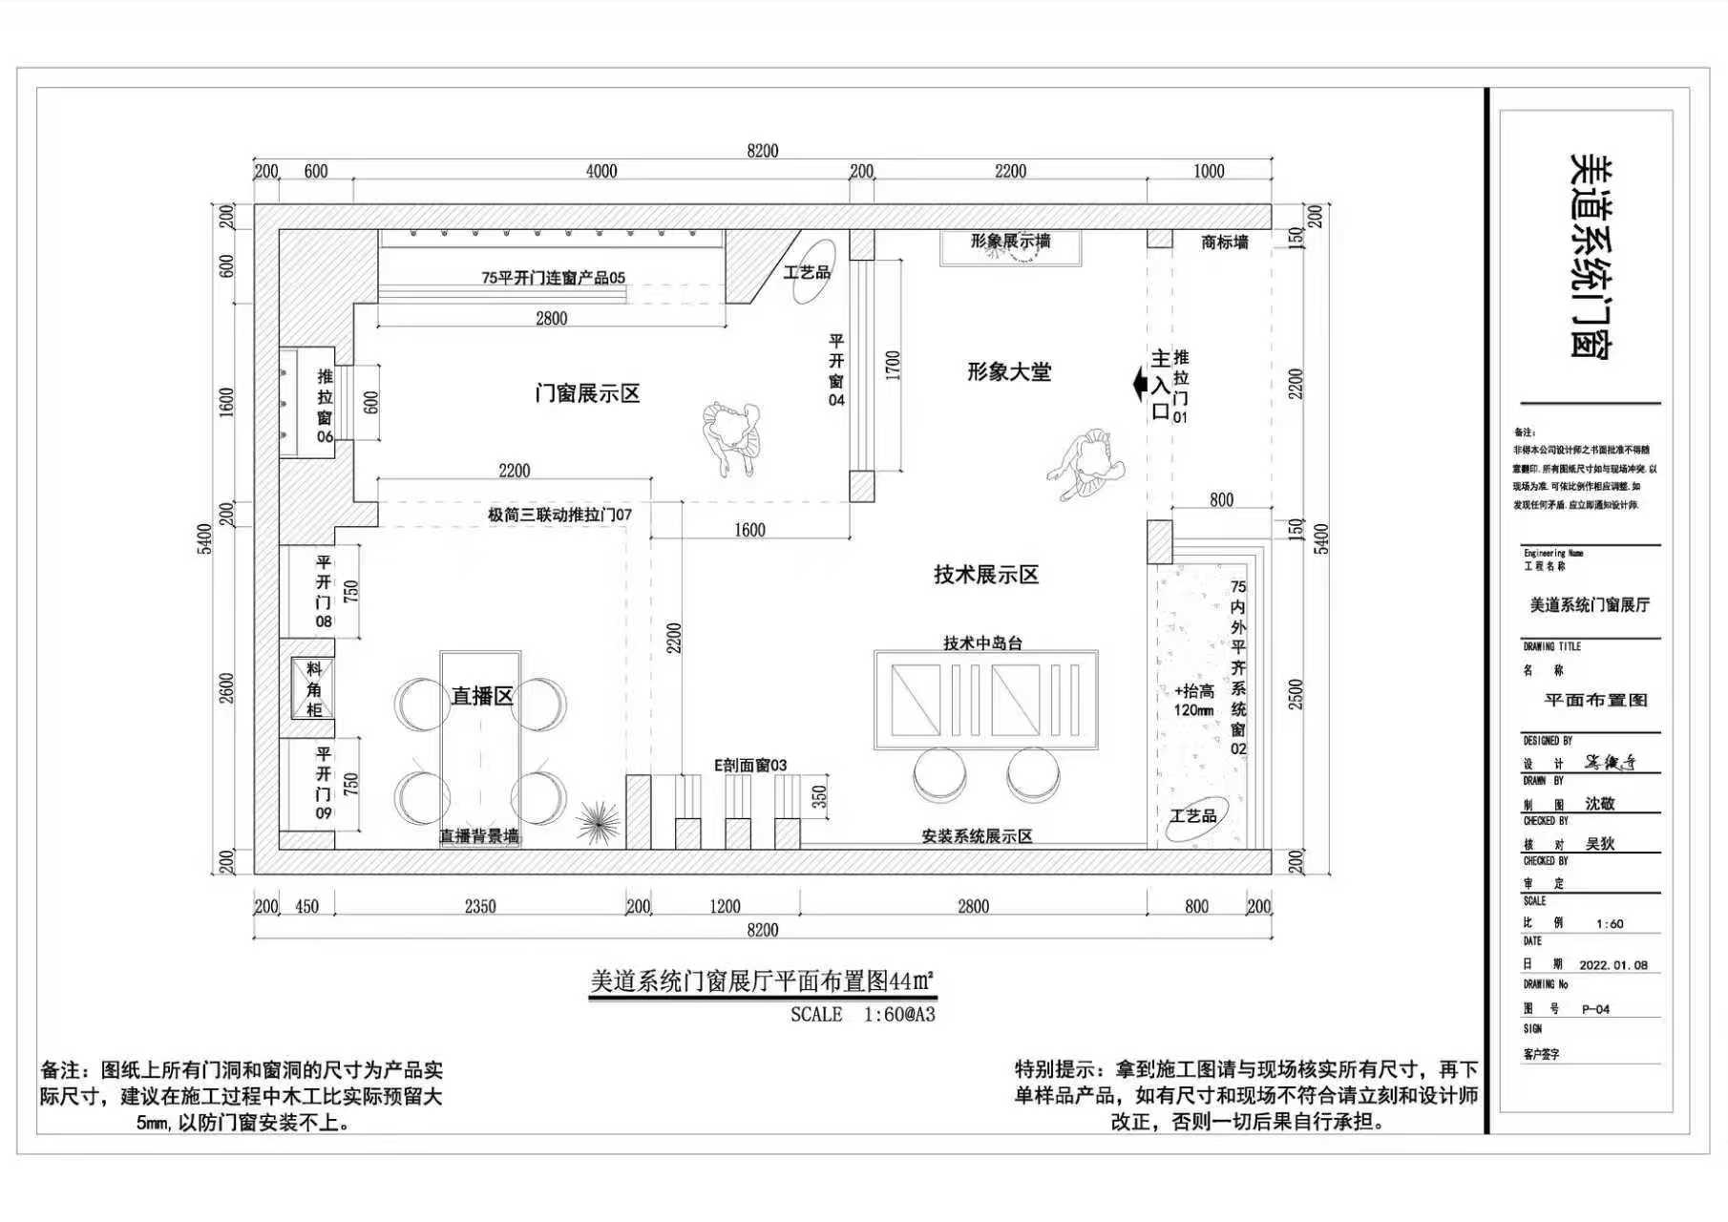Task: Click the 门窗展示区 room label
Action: [x=586, y=393]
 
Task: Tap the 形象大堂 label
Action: [x=1008, y=372]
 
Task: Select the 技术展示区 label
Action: [x=985, y=575]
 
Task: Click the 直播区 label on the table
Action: [x=482, y=696]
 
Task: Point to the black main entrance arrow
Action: [x=1139, y=385]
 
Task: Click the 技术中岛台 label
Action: [x=982, y=643]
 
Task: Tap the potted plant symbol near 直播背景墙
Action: [x=599, y=821]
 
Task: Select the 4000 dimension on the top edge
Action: [x=601, y=172]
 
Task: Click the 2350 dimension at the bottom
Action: [x=479, y=906]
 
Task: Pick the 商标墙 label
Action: [x=1224, y=242]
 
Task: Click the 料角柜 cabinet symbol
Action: [x=313, y=688]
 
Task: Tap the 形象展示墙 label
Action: [x=1010, y=242]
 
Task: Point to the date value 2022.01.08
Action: [x=1613, y=965]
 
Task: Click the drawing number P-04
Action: [x=1595, y=1009]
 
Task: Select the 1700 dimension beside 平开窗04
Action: [x=893, y=365]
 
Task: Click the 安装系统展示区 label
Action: [x=977, y=836]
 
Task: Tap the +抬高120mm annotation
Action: [x=1193, y=700]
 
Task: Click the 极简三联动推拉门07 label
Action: [x=559, y=515]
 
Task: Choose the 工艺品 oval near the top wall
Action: [x=808, y=272]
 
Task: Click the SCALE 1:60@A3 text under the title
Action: [x=862, y=1015]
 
